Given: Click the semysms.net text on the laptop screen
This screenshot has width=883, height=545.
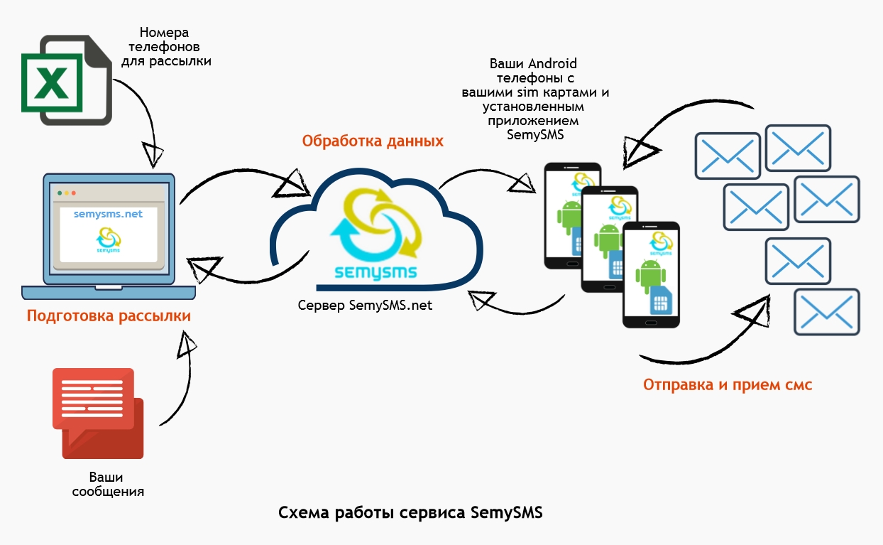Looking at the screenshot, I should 108,213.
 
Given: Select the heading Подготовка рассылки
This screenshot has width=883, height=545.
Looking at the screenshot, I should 109,315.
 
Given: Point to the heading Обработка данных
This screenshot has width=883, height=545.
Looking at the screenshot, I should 373,141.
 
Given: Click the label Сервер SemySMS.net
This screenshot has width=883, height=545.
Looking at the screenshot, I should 365,306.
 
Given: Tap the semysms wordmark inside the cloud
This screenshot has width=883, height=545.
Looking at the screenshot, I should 376,272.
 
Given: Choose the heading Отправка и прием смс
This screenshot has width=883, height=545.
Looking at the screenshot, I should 728,384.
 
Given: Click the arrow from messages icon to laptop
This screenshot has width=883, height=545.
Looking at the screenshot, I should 181,377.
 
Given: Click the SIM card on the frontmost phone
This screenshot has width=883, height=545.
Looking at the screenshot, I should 660,304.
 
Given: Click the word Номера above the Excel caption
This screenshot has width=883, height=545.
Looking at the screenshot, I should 165,33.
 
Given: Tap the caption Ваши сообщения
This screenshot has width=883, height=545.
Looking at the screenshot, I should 109,484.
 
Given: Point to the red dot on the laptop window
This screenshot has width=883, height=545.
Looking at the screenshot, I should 60,193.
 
